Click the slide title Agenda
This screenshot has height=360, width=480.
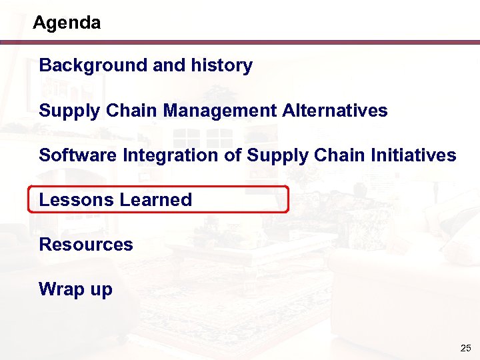[x=67, y=23]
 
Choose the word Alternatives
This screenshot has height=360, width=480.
[x=335, y=110]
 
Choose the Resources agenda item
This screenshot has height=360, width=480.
[x=86, y=245]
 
